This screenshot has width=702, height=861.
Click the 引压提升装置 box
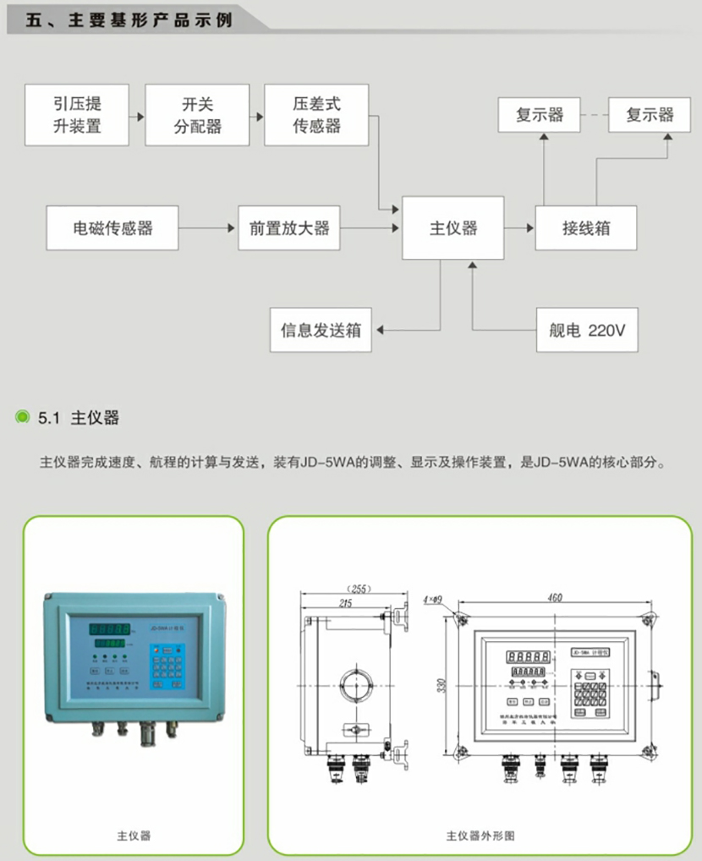(x=76, y=115)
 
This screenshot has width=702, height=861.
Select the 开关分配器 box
(x=198, y=115)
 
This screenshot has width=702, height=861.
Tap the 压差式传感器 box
(x=317, y=115)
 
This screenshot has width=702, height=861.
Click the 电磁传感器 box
(x=112, y=228)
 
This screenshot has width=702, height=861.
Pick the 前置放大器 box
(x=289, y=228)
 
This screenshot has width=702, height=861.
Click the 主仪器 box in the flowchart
(x=453, y=228)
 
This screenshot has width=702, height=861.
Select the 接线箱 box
(x=586, y=228)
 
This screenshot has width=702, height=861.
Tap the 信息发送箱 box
(x=321, y=330)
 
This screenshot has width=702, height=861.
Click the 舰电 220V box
(x=587, y=330)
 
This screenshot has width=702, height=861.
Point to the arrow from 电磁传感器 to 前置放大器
(x=208, y=228)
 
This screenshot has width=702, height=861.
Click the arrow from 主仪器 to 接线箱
(x=519, y=228)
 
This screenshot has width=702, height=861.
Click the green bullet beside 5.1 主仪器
(x=23, y=417)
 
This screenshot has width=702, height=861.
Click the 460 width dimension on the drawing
(x=555, y=598)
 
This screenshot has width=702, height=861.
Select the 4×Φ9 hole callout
(x=432, y=601)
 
